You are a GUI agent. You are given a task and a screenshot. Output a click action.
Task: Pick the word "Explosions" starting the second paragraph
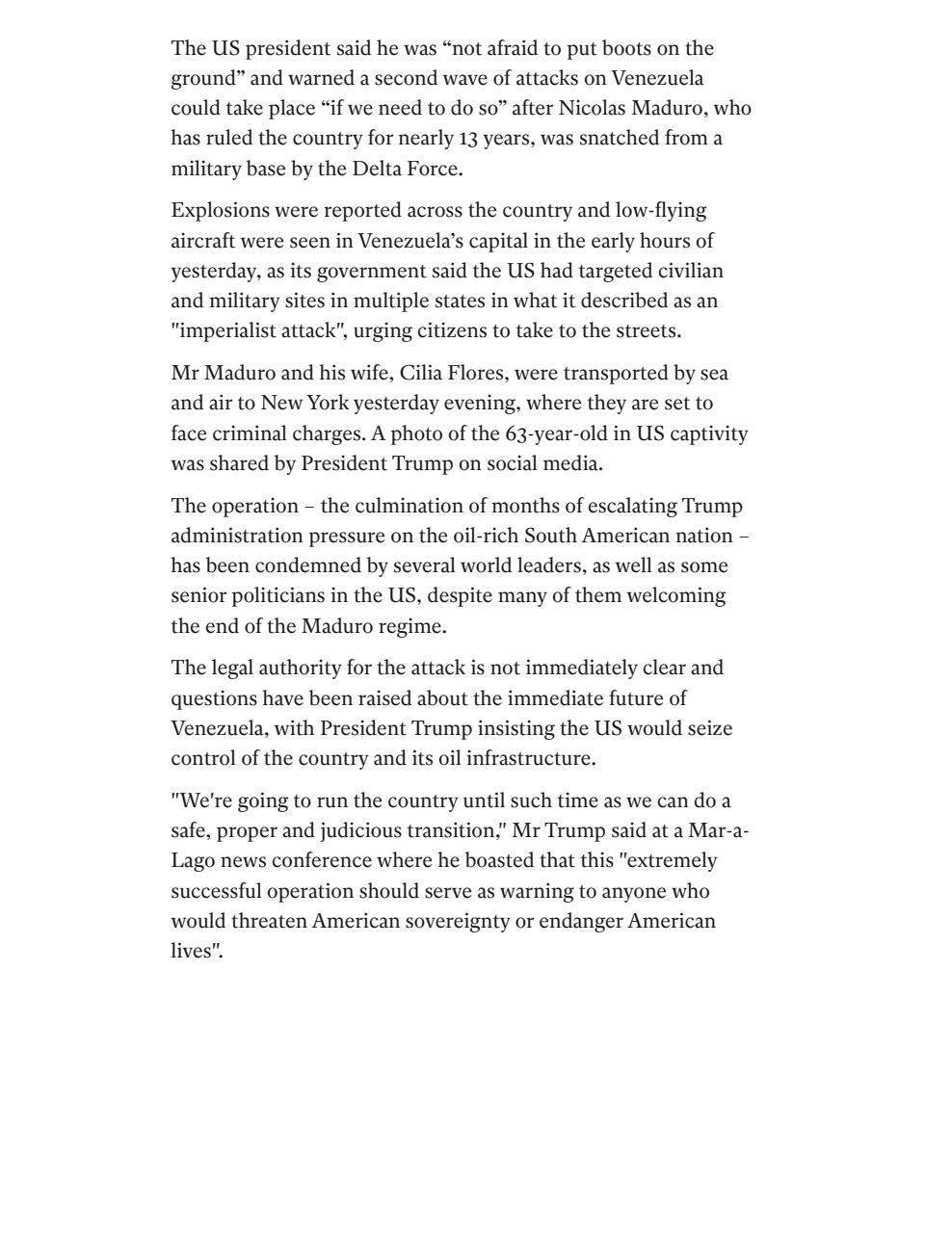pos(220,210)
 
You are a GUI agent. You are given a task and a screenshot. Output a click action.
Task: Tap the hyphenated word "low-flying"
pos(659,210)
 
